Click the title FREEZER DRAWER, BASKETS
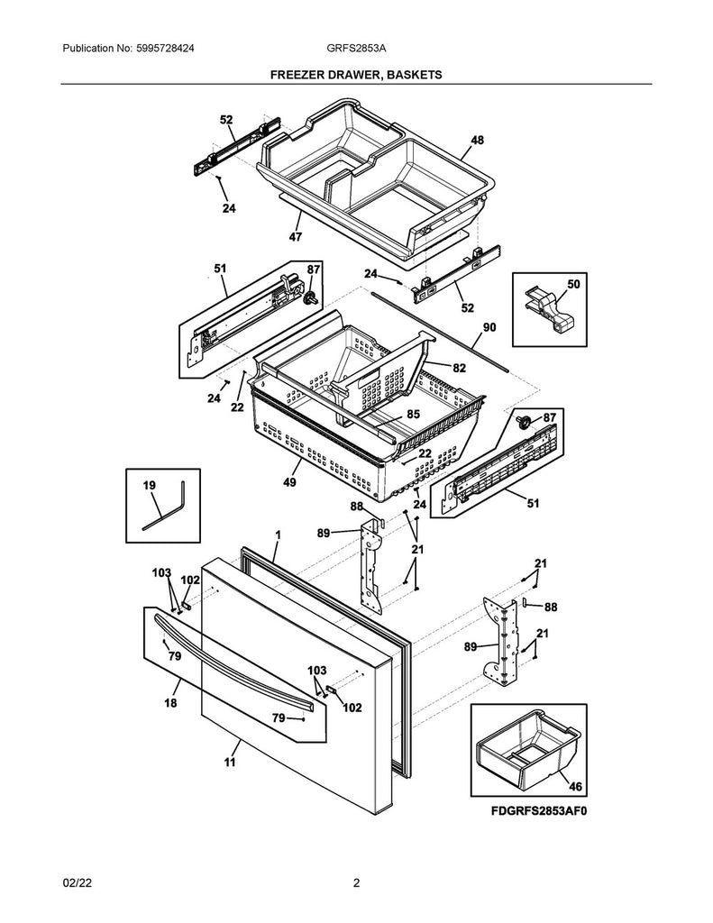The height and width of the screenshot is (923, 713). coord(356,76)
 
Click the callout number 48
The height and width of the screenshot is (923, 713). coord(477,140)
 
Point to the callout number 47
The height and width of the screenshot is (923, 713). coord(296,237)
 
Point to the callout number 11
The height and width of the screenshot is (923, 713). coord(229,763)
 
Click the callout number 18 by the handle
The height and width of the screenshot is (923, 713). coord(170,704)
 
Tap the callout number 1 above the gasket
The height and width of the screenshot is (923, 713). coord(278,535)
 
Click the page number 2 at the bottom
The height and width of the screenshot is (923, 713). coord(356,884)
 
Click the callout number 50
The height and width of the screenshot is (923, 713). coord(573,285)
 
